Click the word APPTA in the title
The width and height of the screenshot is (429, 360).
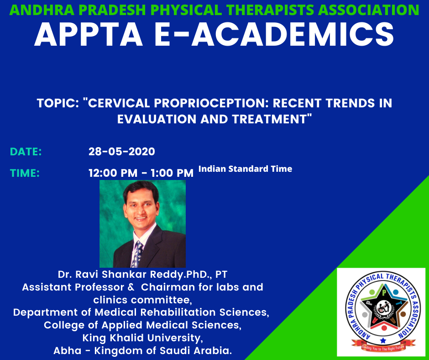pos(89,35)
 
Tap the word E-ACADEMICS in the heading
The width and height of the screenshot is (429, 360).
pos(274,35)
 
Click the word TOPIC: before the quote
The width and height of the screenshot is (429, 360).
pos(58,103)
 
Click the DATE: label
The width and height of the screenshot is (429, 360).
pos(26,152)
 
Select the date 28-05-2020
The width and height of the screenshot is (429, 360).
pos(122,152)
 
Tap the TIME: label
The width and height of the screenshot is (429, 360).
pos(25,173)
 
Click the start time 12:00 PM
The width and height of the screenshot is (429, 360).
pos(113,173)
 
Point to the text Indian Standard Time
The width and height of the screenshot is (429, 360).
pos(245,169)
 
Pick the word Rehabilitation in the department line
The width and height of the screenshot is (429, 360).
pos(178,312)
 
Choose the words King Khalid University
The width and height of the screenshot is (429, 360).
pos(142,338)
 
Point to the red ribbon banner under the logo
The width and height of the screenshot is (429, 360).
pos(383,346)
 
